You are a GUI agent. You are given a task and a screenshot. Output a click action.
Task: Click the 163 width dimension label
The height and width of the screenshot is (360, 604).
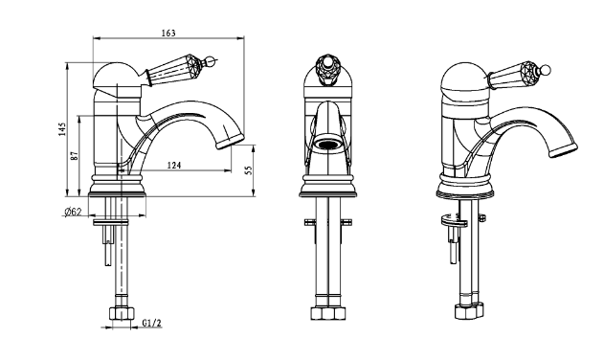168,34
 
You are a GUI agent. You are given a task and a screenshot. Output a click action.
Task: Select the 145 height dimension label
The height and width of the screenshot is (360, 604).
62,129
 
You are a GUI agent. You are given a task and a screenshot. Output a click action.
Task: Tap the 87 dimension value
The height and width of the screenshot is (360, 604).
75,156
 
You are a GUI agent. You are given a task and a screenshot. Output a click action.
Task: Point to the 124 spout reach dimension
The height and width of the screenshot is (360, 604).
173,166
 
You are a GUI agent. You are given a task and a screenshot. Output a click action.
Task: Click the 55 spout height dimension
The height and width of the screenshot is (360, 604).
249,170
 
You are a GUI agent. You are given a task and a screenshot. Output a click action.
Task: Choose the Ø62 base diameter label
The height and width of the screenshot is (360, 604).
73,212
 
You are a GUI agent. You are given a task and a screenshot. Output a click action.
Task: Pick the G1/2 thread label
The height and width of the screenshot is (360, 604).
151,323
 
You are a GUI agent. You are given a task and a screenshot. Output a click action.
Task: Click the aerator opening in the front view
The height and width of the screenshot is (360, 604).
327,145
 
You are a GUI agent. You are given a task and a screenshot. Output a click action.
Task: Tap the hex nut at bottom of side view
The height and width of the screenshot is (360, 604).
122,313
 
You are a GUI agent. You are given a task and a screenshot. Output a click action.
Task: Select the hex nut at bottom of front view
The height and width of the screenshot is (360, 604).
327,313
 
